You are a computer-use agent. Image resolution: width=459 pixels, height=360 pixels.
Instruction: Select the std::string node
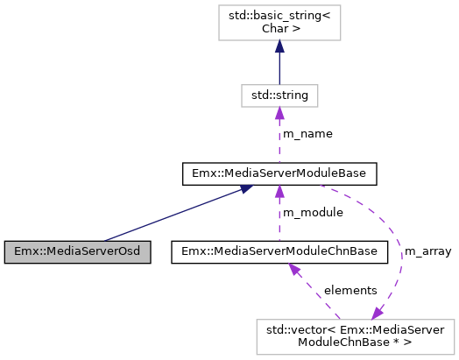(279, 94)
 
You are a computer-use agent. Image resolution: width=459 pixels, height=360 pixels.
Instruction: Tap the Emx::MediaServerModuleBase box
(279, 173)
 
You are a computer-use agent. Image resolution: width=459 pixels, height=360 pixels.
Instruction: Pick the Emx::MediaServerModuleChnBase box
(279, 252)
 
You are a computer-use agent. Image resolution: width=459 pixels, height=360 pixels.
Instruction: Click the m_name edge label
(307, 134)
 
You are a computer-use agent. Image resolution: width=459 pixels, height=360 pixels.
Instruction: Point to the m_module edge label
(311, 213)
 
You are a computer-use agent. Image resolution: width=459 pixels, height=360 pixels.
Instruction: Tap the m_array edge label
(427, 252)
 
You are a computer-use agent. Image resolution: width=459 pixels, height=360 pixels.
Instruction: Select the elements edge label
(350, 290)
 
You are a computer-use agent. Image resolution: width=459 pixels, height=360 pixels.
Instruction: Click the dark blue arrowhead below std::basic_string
(279, 54)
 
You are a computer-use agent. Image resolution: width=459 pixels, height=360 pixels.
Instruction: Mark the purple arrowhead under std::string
(279, 112)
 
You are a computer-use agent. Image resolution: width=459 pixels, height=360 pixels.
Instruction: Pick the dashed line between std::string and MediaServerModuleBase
(279, 145)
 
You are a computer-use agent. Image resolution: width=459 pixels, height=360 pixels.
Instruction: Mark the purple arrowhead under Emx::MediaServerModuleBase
(279, 192)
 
